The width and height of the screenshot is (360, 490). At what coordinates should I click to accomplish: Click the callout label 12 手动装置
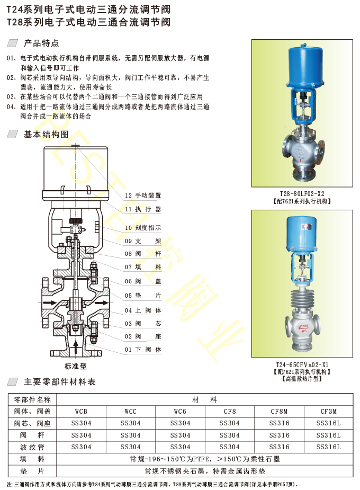pos(143,195)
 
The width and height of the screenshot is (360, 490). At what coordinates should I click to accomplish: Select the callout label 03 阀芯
pos(143,324)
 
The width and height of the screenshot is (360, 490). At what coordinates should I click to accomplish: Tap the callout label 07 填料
pos(143,267)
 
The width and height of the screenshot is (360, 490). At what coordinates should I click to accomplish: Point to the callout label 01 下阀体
pos(143,350)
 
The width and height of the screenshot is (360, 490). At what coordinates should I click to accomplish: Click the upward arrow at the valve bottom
pos(76,347)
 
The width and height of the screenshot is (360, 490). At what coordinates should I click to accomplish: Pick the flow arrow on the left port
pos(50,302)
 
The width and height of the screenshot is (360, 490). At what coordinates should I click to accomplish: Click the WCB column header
pos(81,412)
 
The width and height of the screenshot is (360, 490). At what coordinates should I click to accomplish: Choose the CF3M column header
pos(328,412)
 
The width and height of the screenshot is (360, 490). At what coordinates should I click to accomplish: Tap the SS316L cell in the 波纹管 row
pos(328,447)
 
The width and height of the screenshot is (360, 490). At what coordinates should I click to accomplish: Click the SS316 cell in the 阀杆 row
pos(279,435)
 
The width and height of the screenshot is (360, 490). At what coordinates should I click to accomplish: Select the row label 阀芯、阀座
pos(32,423)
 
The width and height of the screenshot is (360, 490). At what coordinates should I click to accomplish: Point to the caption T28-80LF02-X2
pos(302,194)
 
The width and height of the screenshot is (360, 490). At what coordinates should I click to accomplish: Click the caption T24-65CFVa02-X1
pos(302,364)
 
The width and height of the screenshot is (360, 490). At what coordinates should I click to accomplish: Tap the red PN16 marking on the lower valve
pos(303,328)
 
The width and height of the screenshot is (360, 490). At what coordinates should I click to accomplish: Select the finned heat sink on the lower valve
pos(302,298)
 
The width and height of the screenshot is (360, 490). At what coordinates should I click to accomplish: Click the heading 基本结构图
pos(46,135)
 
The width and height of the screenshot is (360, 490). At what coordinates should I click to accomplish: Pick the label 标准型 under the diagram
pos(76,366)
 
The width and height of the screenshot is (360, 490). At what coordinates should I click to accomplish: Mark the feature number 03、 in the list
pos(13,97)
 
